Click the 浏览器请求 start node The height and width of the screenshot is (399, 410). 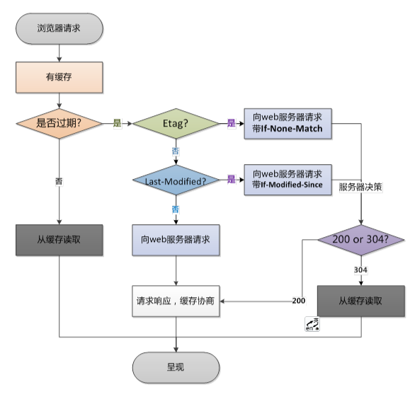tap(59, 28)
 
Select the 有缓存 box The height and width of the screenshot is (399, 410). tap(59, 76)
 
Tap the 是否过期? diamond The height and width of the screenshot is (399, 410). tap(59, 123)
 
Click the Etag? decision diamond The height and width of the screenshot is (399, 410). tap(176, 123)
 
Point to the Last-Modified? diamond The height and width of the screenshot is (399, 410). tap(176, 180)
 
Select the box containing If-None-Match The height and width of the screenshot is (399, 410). tap(287, 124)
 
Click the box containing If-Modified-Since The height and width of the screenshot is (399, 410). tap(287, 179)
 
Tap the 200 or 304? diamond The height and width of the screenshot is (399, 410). tap(360, 239)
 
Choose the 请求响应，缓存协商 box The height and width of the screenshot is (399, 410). tap(176, 300)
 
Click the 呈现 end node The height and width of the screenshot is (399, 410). tap(176, 367)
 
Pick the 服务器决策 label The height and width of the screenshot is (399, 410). tap(360, 187)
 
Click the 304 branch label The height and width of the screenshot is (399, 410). tap(360, 270)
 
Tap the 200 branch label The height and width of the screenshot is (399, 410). tap(298, 301)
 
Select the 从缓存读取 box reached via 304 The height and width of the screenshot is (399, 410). tap(360, 300)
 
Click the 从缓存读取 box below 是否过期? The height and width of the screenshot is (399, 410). tap(59, 239)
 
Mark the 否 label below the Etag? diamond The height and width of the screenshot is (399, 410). tap(176, 151)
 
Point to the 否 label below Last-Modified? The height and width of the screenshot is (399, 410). tap(176, 209)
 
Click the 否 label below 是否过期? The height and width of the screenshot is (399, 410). tap(59, 180)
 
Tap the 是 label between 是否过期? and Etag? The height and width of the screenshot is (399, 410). tap(118, 123)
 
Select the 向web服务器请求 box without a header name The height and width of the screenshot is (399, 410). tap(176, 239)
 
